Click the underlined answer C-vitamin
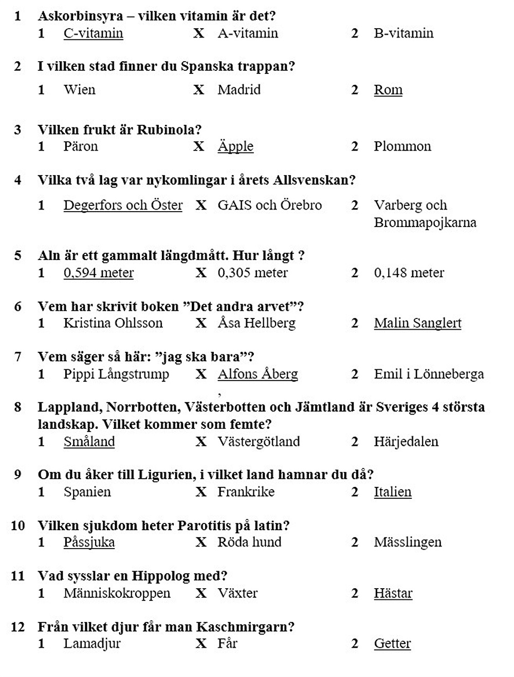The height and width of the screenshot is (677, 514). pyautogui.click(x=93, y=33)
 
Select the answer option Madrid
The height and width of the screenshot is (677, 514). pyautogui.click(x=239, y=90)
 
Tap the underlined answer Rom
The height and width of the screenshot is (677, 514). pyautogui.click(x=388, y=90)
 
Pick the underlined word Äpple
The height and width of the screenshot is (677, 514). pyautogui.click(x=235, y=146)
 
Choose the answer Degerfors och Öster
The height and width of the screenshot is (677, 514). pyautogui.click(x=123, y=205)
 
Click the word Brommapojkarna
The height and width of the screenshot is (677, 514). pyautogui.click(x=425, y=222)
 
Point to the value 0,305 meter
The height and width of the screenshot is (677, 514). pyautogui.click(x=252, y=273)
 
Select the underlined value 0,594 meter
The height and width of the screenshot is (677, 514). pyautogui.click(x=99, y=273)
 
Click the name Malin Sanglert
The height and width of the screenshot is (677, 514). pyautogui.click(x=417, y=323)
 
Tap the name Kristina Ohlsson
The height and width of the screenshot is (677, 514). pyautogui.click(x=113, y=323)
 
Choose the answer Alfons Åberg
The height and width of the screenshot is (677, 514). pyautogui.click(x=258, y=374)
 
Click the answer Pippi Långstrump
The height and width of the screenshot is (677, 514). pyautogui.click(x=116, y=374)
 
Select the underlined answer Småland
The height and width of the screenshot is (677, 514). pyautogui.click(x=89, y=442)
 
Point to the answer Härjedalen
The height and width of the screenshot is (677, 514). pyautogui.click(x=406, y=442)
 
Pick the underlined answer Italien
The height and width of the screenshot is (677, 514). pyautogui.click(x=393, y=492)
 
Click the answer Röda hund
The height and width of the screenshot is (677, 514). pyautogui.click(x=249, y=542)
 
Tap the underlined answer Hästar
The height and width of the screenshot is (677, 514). pyautogui.click(x=393, y=593)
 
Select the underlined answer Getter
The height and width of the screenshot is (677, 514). pyautogui.click(x=392, y=644)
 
